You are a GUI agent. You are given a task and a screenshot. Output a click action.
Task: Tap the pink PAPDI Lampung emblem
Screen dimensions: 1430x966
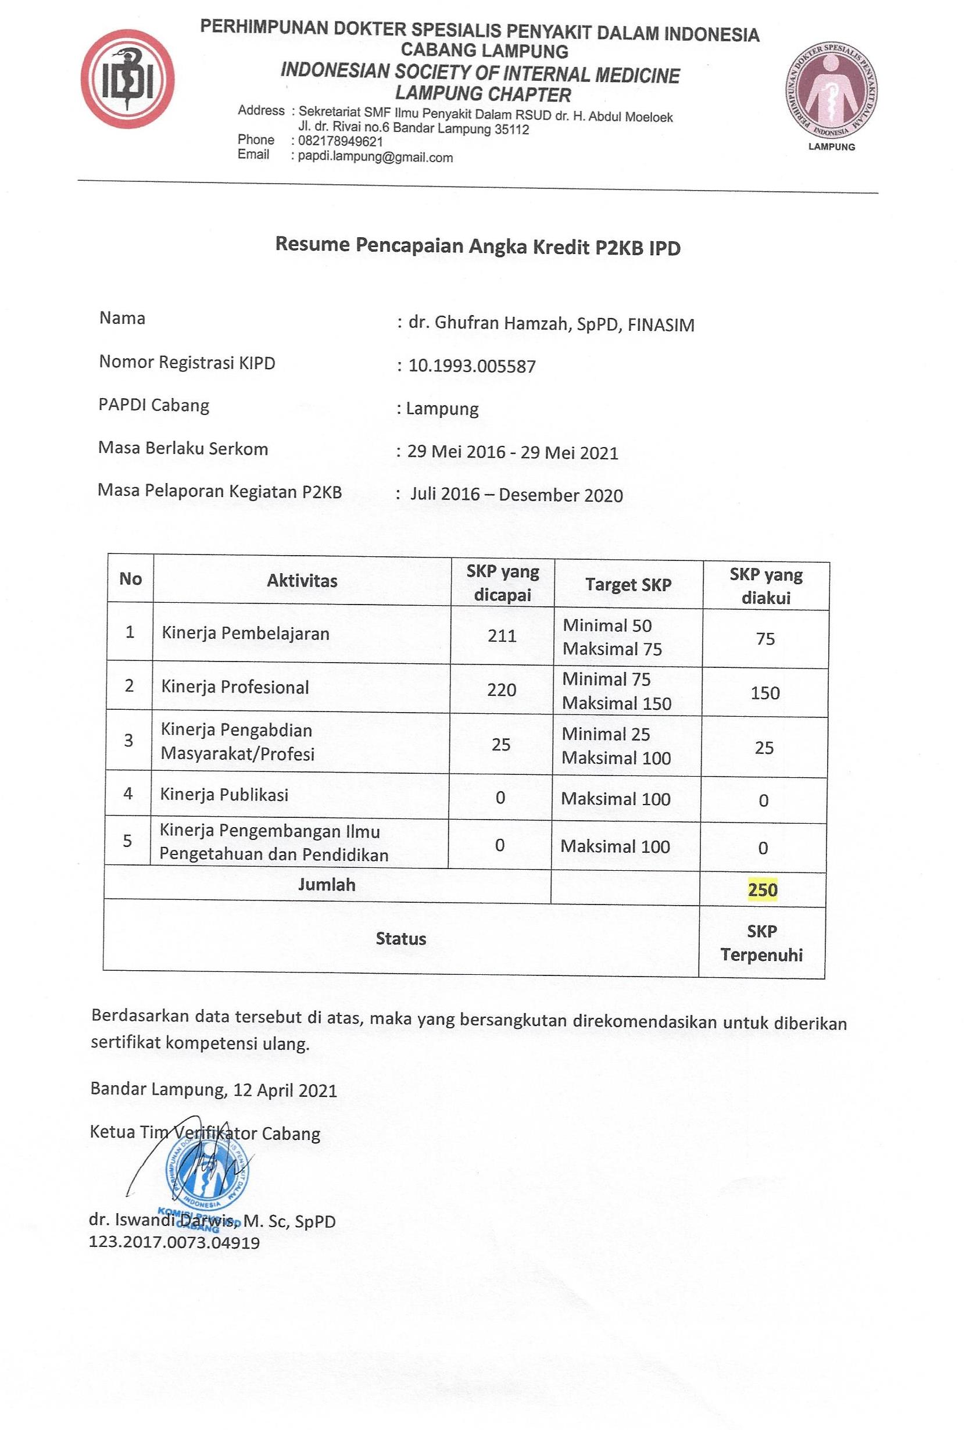[831, 91]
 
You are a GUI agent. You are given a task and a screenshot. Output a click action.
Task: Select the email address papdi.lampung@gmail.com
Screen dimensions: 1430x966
[375, 157]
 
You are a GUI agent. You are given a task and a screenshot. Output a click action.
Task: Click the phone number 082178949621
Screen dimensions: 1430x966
[340, 141]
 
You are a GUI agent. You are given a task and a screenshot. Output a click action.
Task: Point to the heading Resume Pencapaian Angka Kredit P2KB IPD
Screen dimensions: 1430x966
[477, 245]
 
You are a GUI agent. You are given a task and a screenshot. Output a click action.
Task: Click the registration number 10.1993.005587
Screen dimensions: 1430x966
[472, 366]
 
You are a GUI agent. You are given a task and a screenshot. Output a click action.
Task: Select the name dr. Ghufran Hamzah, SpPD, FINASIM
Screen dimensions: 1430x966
[552, 324]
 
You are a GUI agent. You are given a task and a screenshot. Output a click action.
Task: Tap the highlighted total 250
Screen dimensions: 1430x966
[763, 890]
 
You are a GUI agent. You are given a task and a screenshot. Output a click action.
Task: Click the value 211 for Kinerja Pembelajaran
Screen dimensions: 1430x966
[502, 635]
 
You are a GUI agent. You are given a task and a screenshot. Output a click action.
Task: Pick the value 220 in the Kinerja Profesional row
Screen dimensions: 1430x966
[502, 690]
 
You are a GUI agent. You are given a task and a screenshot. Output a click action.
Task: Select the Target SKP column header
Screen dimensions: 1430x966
[628, 585]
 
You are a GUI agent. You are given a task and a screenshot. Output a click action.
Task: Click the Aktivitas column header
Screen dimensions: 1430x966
[302, 580]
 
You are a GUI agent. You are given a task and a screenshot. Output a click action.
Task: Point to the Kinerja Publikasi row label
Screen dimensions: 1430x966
[224, 795]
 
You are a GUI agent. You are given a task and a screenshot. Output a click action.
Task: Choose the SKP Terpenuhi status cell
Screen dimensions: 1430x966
[762, 943]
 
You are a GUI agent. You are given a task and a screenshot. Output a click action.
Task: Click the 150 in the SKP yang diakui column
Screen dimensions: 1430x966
[765, 693]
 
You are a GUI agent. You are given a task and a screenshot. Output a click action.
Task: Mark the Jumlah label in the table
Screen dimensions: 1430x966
[327, 885]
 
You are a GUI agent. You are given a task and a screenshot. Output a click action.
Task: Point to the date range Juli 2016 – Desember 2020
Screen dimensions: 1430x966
[516, 495]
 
